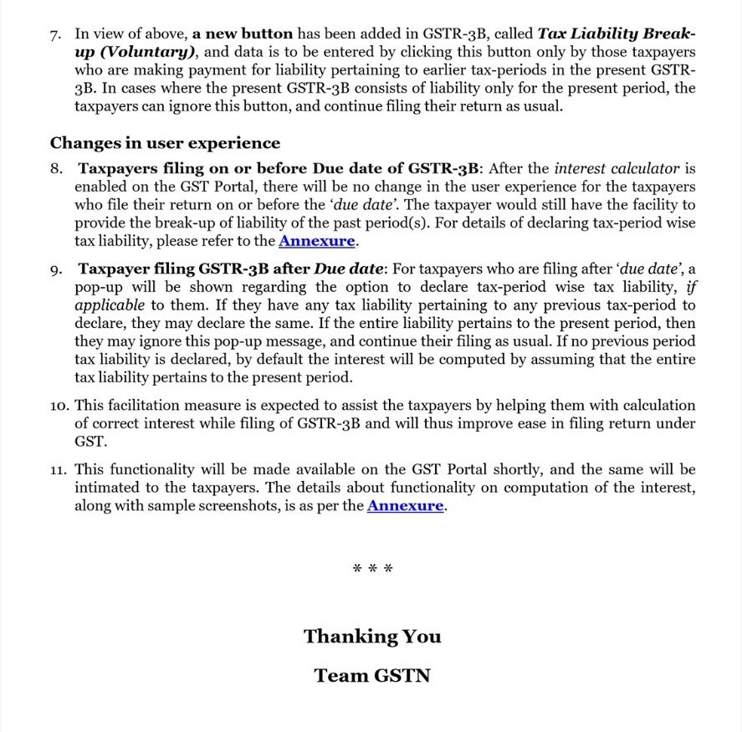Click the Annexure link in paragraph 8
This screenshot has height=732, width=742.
pyautogui.click(x=317, y=242)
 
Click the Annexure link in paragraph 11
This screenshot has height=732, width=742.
pyautogui.click(x=405, y=505)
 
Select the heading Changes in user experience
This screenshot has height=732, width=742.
pyautogui.click(x=165, y=143)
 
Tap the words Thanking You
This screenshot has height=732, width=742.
pyautogui.click(x=372, y=637)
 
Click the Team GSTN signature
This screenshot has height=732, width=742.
pyautogui.click(x=372, y=675)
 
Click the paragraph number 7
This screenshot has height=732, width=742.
pyautogui.click(x=55, y=34)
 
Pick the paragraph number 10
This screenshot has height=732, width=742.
pyautogui.click(x=58, y=406)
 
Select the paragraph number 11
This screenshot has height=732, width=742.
pyautogui.click(x=58, y=469)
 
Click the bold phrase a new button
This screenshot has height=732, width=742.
pyautogui.click(x=243, y=34)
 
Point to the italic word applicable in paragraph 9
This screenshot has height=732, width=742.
pyautogui.click(x=109, y=305)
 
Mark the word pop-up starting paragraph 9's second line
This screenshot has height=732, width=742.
pyautogui.click(x=95, y=288)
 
